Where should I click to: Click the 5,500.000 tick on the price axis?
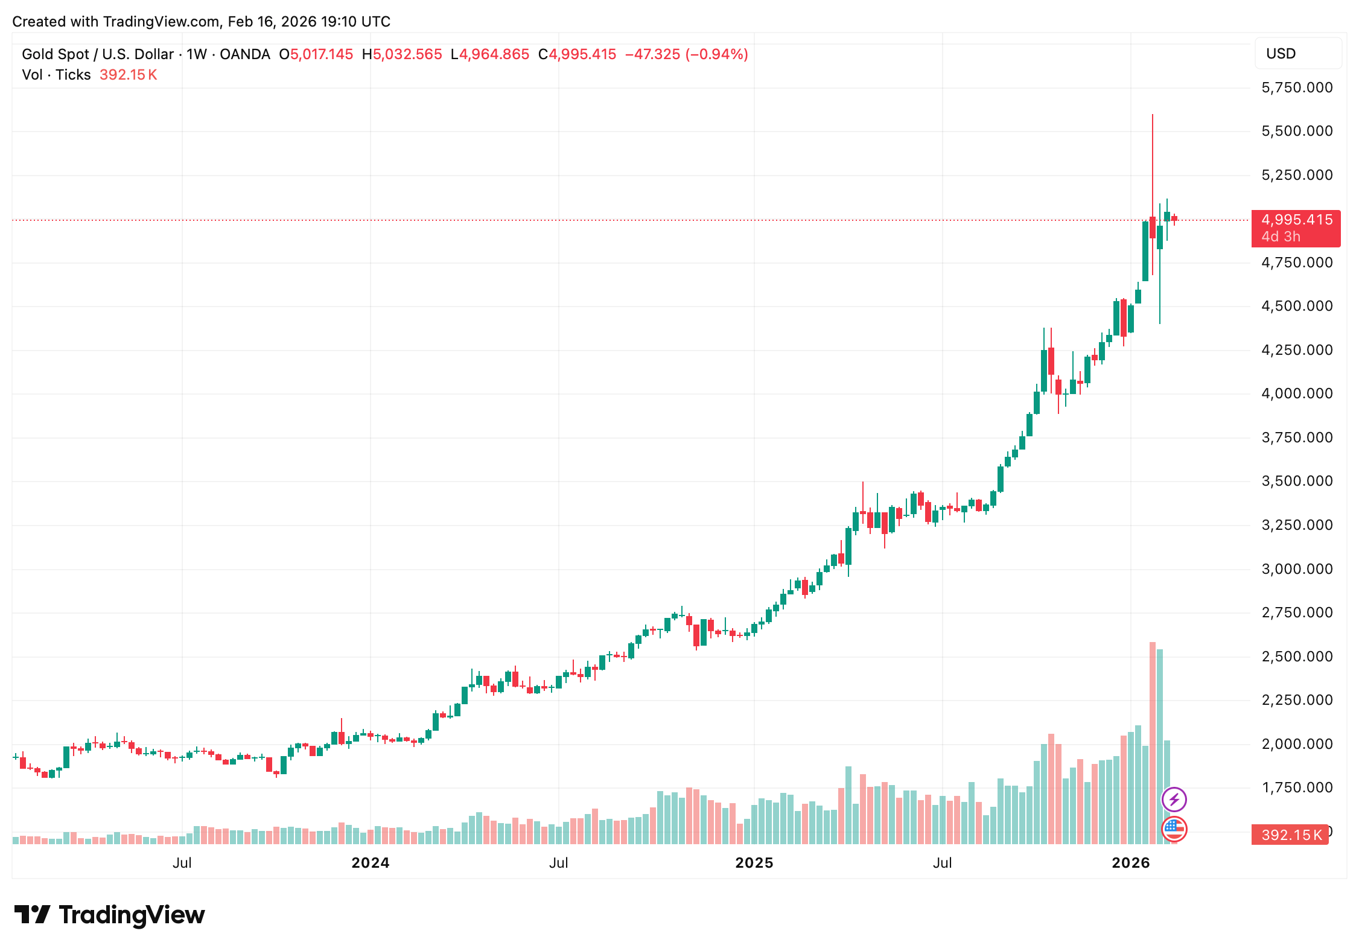pyautogui.click(x=1297, y=131)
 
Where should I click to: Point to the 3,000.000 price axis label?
pyautogui.click(x=1297, y=569)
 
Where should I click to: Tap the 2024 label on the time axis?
pyautogui.click(x=371, y=863)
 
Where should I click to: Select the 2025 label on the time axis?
pyautogui.click(x=754, y=863)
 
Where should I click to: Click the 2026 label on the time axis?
pyautogui.click(x=1131, y=863)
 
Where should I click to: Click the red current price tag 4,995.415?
pyautogui.click(x=1296, y=220)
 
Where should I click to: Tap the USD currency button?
pyautogui.click(x=1297, y=54)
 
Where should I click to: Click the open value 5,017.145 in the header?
pyautogui.click(x=321, y=54)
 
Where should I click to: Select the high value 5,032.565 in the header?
pyautogui.click(x=407, y=54)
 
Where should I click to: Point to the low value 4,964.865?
pyautogui.click(x=494, y=54)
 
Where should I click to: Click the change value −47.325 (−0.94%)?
pyautogui.click(x=686, y=54)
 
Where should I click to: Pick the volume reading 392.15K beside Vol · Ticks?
pyautogui.click(x=128, y=75)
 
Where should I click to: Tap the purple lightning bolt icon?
pyautogui.click(x=1174, y=800)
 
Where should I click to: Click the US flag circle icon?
pyautogui.click(x=1174, y=829)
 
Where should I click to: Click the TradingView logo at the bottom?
pyautogui.click(x=110, y=915)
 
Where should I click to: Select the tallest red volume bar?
pyautogui.click(x=1153, y=742)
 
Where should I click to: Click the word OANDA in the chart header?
pyautogui.click(x=244, y=54)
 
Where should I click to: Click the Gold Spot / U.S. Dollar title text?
pyautogui.click(x=97, y=54)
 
